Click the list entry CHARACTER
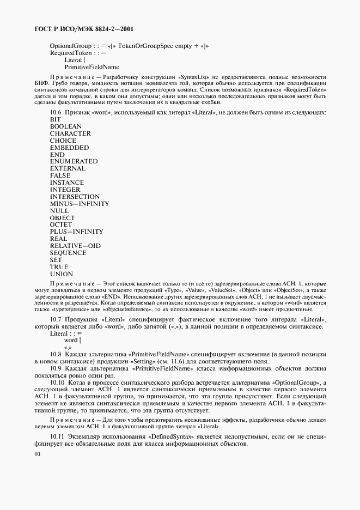click(x=70, y=133)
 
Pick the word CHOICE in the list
click(x=64, y=141)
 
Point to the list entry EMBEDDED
click(x=69, y=148)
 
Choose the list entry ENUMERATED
click(x=74, y=162)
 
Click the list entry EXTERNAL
click(x=68, y=169)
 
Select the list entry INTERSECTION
click(x=75, y=197)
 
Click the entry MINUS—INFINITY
click(x=80, y=204)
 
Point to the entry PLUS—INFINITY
click(x=76, y=232)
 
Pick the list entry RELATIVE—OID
click(x=75, y=246)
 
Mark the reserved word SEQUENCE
click(x=68, y=253)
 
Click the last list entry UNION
click(x=61, y=274)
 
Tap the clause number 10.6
click(x=57, y=112)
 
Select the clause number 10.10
click(x=58, y=384)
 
